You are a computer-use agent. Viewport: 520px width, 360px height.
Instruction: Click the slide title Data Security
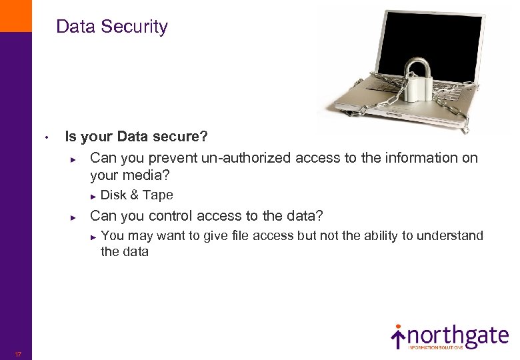(112, 27)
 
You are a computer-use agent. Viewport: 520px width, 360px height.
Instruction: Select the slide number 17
(18, 354)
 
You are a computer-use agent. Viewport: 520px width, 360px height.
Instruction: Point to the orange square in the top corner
(15, 15)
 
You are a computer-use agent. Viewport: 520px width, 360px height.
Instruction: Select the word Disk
(113, 195)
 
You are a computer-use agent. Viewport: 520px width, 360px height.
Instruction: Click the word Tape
(157, 195)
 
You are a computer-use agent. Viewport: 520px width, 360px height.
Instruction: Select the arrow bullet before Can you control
(75, 217)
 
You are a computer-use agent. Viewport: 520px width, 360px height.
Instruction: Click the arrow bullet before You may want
(93, 235)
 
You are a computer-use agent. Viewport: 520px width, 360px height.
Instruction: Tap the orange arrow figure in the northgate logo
(398, 336)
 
